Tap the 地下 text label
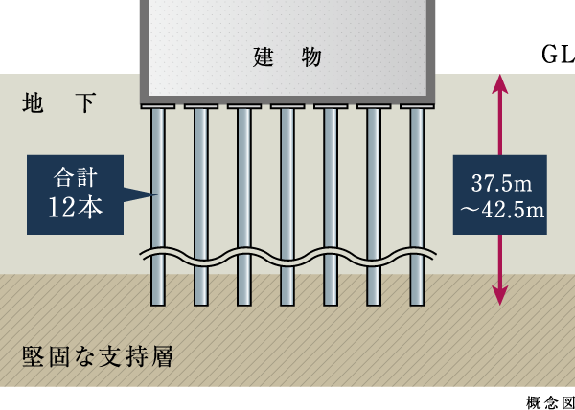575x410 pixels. point(59,103)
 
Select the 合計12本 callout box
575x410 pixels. point(76,194)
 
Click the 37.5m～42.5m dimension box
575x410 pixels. point(499,194)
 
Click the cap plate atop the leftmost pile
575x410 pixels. point(158,105)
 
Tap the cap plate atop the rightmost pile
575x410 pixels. point(417,105)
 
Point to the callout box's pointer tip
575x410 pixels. point(155,194)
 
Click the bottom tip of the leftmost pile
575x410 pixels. point(158,304)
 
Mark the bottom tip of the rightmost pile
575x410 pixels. point(417,304)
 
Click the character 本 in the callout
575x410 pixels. point(91,208)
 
